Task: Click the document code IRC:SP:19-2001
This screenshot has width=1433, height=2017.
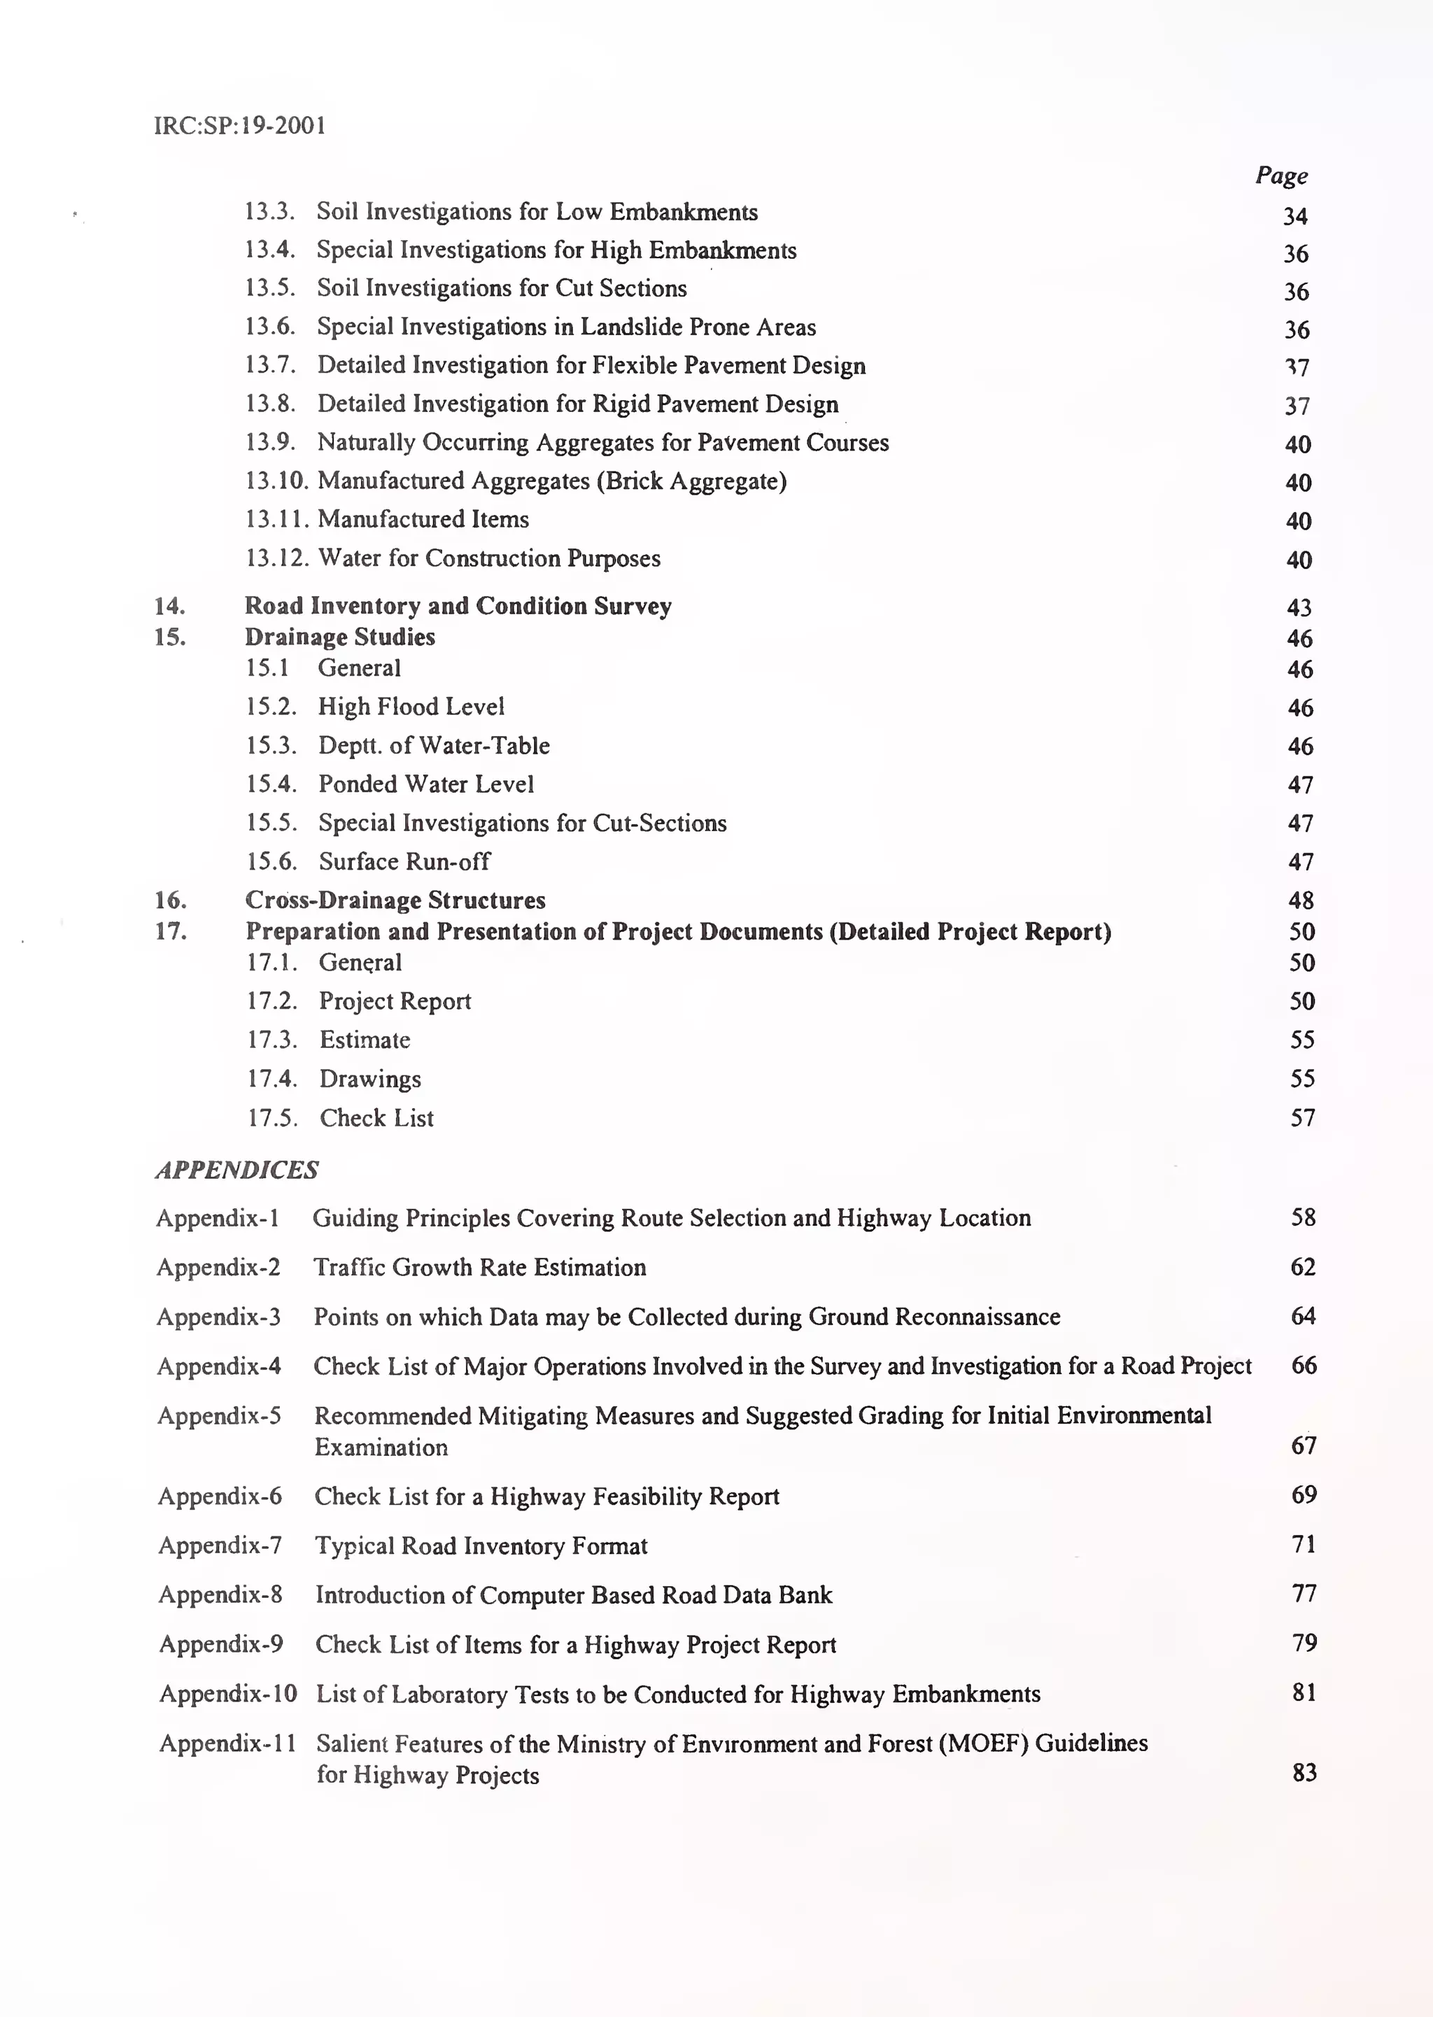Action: click(x=240, y=125)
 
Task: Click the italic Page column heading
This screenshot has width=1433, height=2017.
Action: click(x=1280, y=176)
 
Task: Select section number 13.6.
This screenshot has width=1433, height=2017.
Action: click(x=270, y=327)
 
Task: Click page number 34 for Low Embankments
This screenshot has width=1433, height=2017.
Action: click(x=1294, y=216)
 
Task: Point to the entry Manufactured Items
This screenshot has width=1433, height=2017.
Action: click(x=423, y=519)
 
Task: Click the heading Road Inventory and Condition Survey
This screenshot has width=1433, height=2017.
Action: click(x=458, y=605)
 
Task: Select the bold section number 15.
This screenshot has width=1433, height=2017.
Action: click(x=169, y=637)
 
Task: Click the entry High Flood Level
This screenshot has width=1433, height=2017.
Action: click(x=411, y=707)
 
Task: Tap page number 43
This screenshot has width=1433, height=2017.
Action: click(x=1298, y=607)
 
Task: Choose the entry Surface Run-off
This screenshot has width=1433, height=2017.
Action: click(x=404, y=861)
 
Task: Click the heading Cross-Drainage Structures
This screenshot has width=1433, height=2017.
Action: click(x=395, y=900)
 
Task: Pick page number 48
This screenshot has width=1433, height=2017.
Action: click(x=1301, y=900)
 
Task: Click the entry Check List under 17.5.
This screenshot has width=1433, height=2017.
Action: click(x=376, y=1118)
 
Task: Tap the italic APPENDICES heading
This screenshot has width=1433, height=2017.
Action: click(x=237, y=1170)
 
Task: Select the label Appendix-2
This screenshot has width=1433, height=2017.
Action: click(x=218, y=1267)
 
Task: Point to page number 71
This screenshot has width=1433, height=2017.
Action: click(x=1304, y=1544)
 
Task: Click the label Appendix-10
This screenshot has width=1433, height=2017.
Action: click(x=227, y=1694)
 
